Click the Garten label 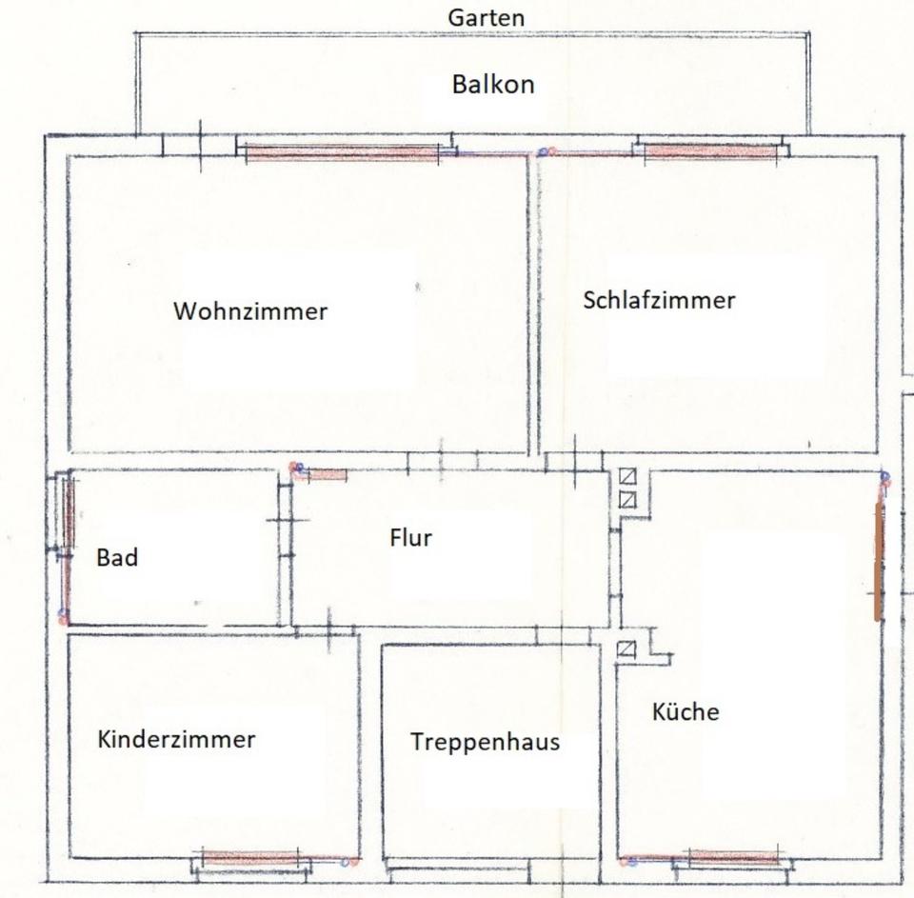click(x=486, y=17)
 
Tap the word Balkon click(x=493, y=85)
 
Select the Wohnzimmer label click(x=250, y=311)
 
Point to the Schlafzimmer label click(x=659, y=300)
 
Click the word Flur click(x=410, y=538)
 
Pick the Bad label click(x=117, y=558)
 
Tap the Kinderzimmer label click(x=176, y=739)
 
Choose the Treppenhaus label click(x=486, y=742)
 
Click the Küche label click(x=685, y=711)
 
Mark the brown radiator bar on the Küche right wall click(x=879, y=562)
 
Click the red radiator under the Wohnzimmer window click(x=341, y=152)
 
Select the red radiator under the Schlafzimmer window click(x=710, y=150)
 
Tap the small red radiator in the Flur click(x=325, y=473)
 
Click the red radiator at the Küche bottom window click(x=733, y=857)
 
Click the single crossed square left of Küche click(x=626, y=649)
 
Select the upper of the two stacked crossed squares click(x=627, y=476)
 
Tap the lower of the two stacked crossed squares click(x=627, y=499)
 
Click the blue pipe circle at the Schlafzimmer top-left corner click(x=543, y=152)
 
